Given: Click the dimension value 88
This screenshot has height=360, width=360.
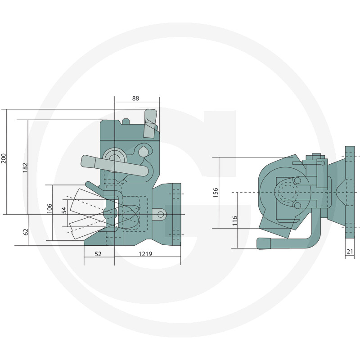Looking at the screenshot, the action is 135,98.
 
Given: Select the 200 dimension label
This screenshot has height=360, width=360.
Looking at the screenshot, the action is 4,158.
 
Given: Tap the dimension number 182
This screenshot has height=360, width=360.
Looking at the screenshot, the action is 25,167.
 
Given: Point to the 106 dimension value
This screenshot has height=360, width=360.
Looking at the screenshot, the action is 49,208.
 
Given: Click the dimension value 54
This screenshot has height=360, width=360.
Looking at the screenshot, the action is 64,210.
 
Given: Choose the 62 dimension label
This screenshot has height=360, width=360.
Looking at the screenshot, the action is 26,232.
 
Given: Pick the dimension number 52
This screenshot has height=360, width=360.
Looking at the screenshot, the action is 98,254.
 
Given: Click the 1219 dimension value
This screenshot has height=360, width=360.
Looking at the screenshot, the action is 145,254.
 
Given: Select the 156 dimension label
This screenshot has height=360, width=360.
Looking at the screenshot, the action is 216,193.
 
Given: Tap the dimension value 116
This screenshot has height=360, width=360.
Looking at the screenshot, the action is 234,220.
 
